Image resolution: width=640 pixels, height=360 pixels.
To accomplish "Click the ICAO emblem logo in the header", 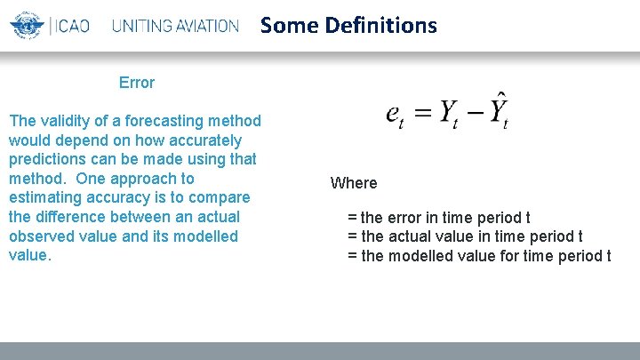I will pyautogui.click(x=27, y=25).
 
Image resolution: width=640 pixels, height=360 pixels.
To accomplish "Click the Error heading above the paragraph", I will pyautogui.click(x=137, y=83).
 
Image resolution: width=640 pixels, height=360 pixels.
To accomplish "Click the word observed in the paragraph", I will pyautogui.click(x=40, y=236).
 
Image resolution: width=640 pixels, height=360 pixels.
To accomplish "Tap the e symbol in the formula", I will pyautogui.click(x=394, y=115).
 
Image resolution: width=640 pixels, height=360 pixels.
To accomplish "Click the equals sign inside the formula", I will pyautogui.click(x=423, y=114).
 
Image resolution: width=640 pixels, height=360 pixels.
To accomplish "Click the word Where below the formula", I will pyautogui.click(x=354, y=183).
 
